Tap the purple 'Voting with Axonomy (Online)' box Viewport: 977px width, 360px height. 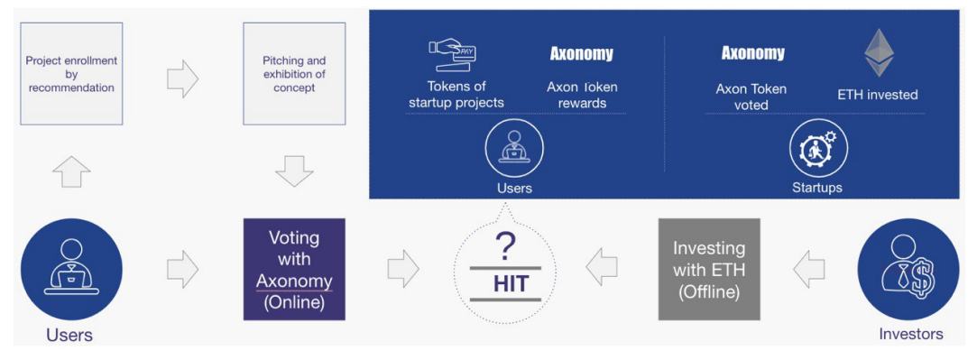tap(294, 269)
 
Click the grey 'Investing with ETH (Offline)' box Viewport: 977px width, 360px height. tap(709, 269)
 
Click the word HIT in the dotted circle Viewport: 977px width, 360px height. tap(511, 283)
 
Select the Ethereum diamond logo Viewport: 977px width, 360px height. tap(879, 53)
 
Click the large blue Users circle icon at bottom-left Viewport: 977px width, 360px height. tap(71, 269)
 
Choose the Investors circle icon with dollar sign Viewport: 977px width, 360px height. tap(908, 269)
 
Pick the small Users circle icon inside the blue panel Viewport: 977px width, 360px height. tap(514, 148)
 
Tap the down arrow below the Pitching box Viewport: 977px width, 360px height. tap(294, 171)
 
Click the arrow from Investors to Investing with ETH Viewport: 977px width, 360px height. tap(809, 269)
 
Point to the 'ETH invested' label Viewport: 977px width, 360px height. tap(877, 96)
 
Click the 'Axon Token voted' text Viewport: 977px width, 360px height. tap(751, 97)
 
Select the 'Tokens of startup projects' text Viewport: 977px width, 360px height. tap(456, 95)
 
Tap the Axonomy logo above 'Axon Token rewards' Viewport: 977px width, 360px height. tap(581, 54)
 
